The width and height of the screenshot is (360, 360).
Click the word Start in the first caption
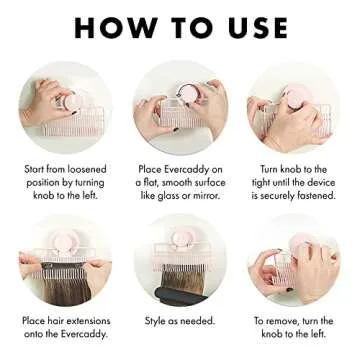[x=34, y=169]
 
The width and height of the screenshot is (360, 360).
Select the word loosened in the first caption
[x=87, y=169]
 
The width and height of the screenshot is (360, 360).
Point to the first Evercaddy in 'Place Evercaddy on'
[x=188, y=169]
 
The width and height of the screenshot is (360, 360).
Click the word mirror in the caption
[x=206, y=195]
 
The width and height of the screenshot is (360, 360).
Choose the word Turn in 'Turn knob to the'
[x=269, y=169]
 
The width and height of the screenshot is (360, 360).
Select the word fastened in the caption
[x=317, y=196]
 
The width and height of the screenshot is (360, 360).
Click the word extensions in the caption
[x=88, y=321]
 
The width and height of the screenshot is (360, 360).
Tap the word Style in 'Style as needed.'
[x=154, y=321]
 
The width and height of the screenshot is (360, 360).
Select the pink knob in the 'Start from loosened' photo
[x=74, y=102]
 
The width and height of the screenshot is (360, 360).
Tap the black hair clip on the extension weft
[x=48, y=267]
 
